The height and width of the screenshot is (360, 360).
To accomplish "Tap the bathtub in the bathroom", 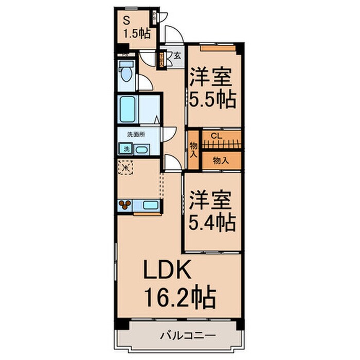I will [128, 109].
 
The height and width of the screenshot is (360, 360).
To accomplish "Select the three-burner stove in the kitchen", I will [125, 206].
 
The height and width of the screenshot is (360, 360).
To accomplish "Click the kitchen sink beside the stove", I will [151, 206].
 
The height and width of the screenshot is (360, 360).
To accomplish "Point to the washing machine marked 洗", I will [125, 149].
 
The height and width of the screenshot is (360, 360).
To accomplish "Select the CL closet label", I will [217, 136].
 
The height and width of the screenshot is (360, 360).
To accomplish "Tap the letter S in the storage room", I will [126, 21].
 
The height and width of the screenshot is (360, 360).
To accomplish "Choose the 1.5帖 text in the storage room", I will [135, 34].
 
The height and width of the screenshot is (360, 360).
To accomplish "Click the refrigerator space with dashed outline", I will [125, 167].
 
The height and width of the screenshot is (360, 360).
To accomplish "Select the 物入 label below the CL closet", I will [221, 160].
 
